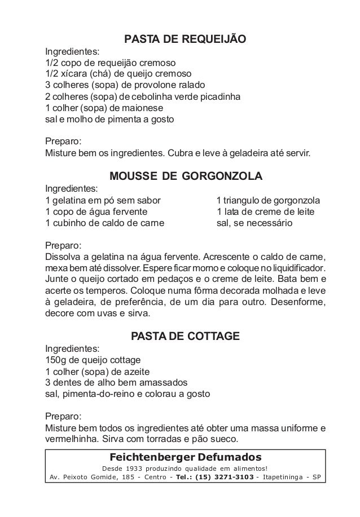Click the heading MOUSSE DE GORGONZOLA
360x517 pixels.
click(x=186, y=176)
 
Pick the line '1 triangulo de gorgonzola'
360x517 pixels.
click(x=269, y=200)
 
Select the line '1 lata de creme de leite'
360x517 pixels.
click(x=266, y=211)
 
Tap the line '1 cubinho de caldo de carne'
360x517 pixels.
click(x=104, y=223)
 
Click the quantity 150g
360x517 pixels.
click(x=56, y=360)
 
